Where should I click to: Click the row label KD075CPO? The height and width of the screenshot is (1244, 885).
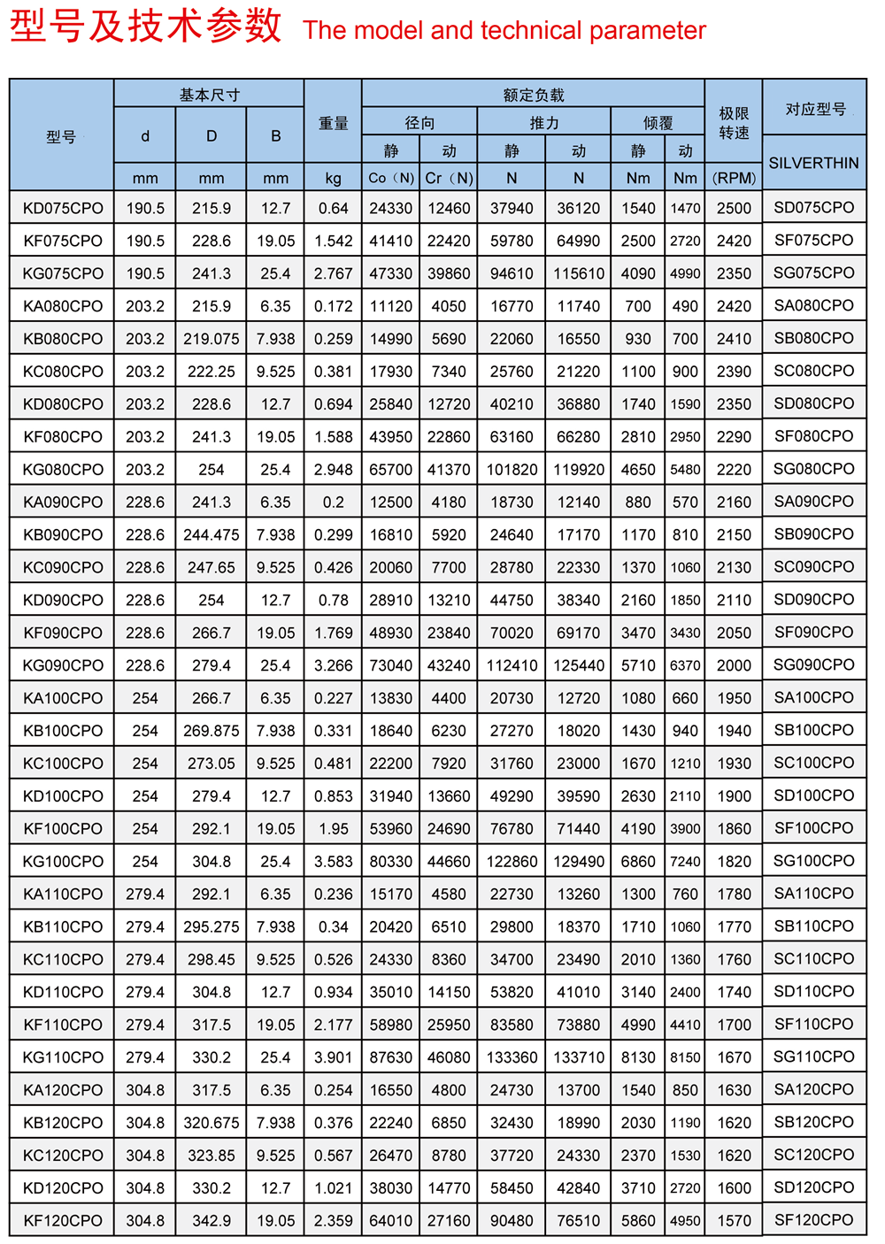pos(63,208)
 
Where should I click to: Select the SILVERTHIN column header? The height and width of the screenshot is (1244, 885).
pos(813,163)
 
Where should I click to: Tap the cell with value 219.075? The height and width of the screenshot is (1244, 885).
pos(212,339)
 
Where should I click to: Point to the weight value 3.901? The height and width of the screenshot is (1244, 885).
pos(333,1057)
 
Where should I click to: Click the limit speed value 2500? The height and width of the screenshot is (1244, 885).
pos(734,208)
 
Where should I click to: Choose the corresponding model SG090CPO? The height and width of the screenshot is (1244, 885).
pos(813,665)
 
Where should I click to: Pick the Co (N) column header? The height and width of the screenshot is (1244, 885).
pos(391,178)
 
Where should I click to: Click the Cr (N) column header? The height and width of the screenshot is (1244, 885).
pos(449,178)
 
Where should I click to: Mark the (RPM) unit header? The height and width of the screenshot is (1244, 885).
pos(734,178)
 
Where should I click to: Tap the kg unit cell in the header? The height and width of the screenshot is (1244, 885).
pos(333,178)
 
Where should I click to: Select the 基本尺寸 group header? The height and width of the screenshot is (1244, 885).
pos(209,95)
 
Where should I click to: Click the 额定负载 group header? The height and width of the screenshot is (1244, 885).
pos(533,95)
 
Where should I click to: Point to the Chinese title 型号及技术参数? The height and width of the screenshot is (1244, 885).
pos(146,27)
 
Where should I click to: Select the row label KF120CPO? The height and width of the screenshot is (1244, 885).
pos(63,1221)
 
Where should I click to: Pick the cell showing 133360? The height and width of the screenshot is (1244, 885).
pos(512,1057)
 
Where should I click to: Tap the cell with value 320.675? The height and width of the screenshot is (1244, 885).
pos(212,1123)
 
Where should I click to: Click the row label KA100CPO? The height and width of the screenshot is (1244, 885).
pos(63,698)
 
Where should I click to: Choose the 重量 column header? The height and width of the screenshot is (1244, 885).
pos(333,124)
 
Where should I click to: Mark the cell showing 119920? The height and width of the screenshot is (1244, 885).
pos(579,470)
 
